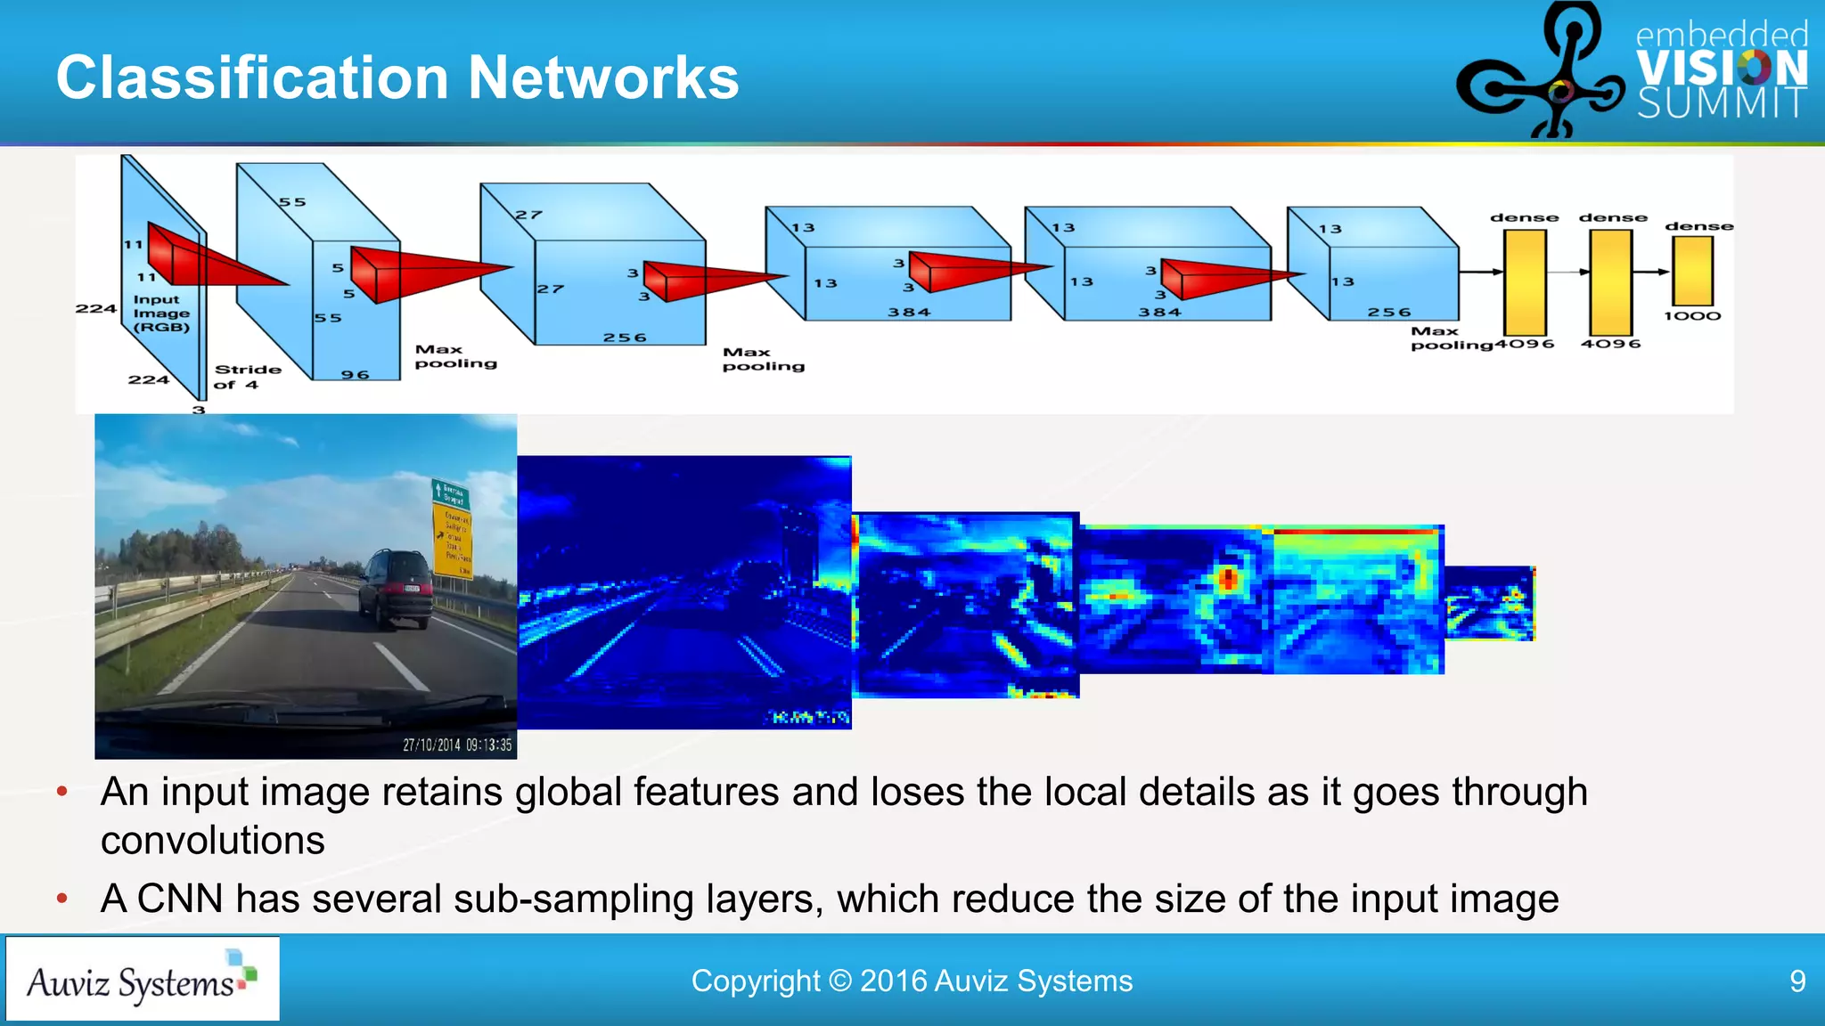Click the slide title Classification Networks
(x=397, y=77)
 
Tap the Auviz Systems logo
(x=143, y=979)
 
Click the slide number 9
(x=1797, y=981)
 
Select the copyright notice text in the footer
(x=912, y=981)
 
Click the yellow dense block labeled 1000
(x=1692, y=271)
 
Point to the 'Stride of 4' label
(x=247, y=377)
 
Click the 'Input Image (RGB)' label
(x=161, y=313)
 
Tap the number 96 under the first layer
(x=355, y=375)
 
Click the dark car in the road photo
(x=397, y=588)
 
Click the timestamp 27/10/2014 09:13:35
(x=457, y=745)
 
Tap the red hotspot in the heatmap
(x=1229, y=579)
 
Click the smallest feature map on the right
(x=1489, y=603)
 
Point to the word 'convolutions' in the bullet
(x=213, y=841)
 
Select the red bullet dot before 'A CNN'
(x=62, y=899)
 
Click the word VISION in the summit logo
(x=1722, y=68)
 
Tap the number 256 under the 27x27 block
(x=624, y=338)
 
